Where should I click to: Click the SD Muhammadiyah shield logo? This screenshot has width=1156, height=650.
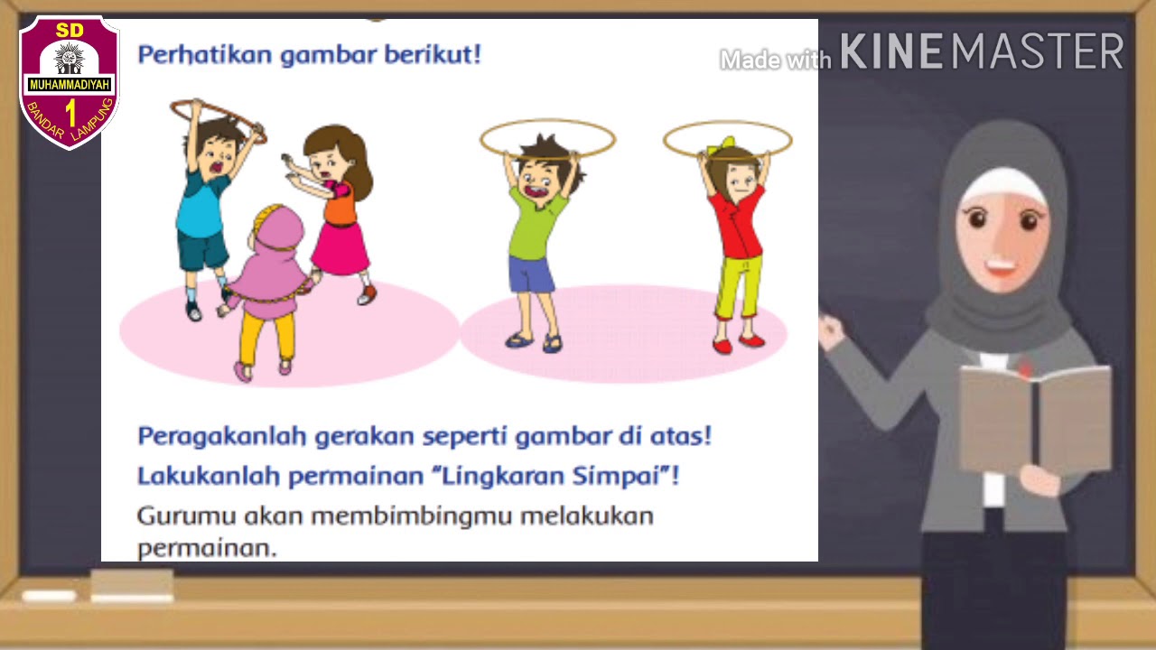70,81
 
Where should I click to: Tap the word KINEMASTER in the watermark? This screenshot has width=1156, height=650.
982,52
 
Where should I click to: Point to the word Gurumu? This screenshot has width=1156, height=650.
186,516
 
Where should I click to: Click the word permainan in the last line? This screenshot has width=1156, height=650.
206,547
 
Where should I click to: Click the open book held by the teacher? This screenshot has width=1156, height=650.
1034,419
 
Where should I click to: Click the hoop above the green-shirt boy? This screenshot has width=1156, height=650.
547,139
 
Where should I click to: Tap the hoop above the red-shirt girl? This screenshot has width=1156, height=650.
727,139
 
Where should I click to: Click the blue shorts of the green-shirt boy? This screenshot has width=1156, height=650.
532,273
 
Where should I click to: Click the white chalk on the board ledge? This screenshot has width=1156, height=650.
49,596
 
